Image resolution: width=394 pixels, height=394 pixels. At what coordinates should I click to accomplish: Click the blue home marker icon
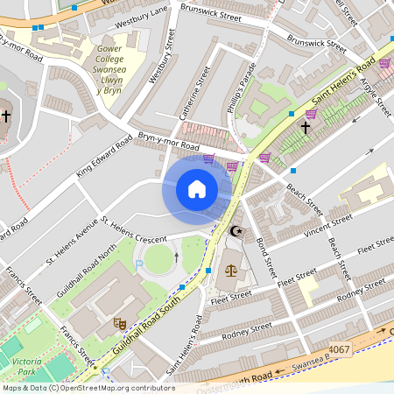[197, 189]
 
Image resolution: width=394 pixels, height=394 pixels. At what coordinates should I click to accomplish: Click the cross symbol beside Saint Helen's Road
[306, 128]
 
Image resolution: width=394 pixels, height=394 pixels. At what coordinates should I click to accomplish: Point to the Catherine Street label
[194, 95]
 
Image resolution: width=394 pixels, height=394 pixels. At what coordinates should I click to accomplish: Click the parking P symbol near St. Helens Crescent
[138, 263]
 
